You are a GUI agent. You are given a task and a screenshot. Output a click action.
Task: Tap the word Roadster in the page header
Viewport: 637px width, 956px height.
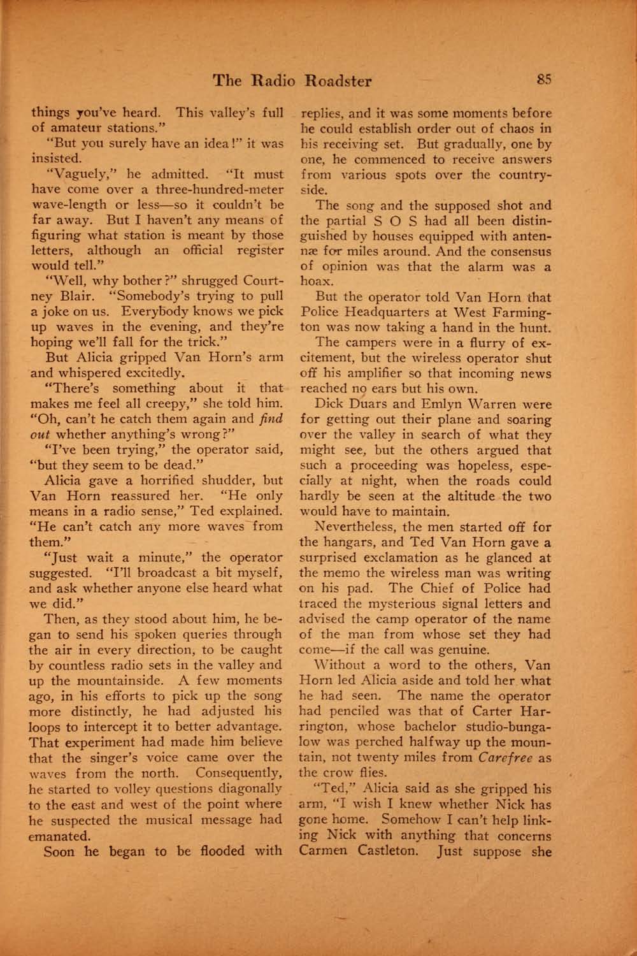click(x=338, y=80)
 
